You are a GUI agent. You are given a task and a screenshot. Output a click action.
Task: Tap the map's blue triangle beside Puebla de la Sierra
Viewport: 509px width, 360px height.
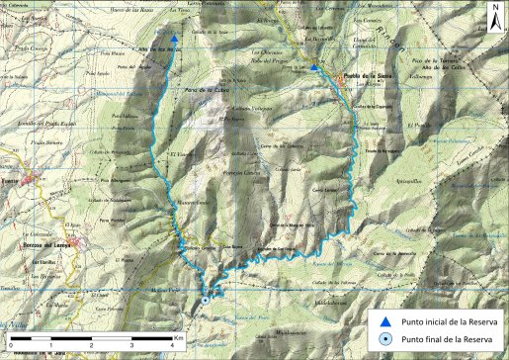coord(314,67)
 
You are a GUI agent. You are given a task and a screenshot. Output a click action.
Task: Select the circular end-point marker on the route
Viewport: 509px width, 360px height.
coord(206,300)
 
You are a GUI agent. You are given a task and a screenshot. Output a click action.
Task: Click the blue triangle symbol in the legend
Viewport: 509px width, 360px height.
coord(387,321)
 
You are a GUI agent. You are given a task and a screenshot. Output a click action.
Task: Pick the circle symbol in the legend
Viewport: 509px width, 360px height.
coord(387,341)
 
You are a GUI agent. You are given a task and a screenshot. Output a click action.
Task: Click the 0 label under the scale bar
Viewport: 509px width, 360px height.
coord(8,347)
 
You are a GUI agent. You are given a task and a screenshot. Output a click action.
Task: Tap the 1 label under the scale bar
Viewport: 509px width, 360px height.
coord(50,347)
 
